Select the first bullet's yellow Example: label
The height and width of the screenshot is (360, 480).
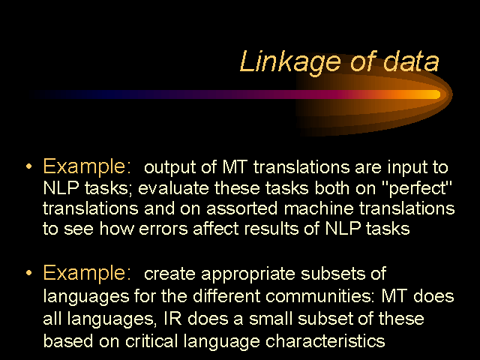[87, 167]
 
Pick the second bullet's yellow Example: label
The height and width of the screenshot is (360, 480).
[87, 273]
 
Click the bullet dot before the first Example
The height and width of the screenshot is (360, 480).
[29, 166]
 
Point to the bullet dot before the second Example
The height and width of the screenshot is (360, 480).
[29, 272]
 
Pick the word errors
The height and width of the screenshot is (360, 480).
[163, 229]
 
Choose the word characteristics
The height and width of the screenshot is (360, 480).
[325, 340]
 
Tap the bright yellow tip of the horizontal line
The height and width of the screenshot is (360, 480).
[436, 94]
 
